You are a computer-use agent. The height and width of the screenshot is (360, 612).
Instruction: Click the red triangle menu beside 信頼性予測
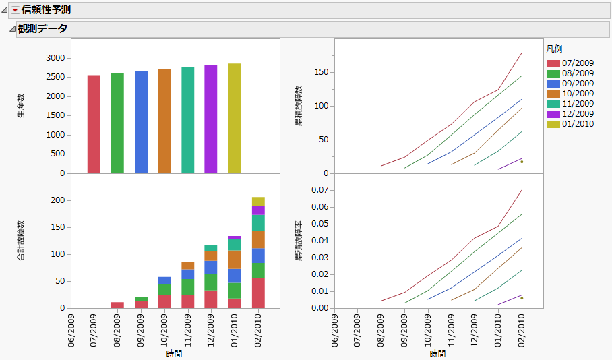tap(16, 10)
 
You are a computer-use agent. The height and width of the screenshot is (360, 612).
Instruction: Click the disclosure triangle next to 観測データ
tap(11, 29)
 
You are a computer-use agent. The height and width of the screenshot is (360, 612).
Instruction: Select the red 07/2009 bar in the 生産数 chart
tap(94, 124)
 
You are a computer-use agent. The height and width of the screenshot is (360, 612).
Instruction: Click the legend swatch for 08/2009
tap(553, 73)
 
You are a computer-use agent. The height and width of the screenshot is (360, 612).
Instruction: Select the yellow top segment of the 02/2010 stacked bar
tap(258, 202)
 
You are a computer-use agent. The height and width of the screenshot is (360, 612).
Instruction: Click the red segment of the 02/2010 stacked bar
tap(258, 293)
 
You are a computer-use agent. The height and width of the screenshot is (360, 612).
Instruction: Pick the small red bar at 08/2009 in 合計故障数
tap(117, 305)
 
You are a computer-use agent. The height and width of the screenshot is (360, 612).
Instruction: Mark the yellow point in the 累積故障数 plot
tap(522, 162)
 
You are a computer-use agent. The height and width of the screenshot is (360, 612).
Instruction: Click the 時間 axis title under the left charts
tap(174, 353)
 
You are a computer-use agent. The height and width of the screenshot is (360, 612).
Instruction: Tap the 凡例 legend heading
tap(554, 49)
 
